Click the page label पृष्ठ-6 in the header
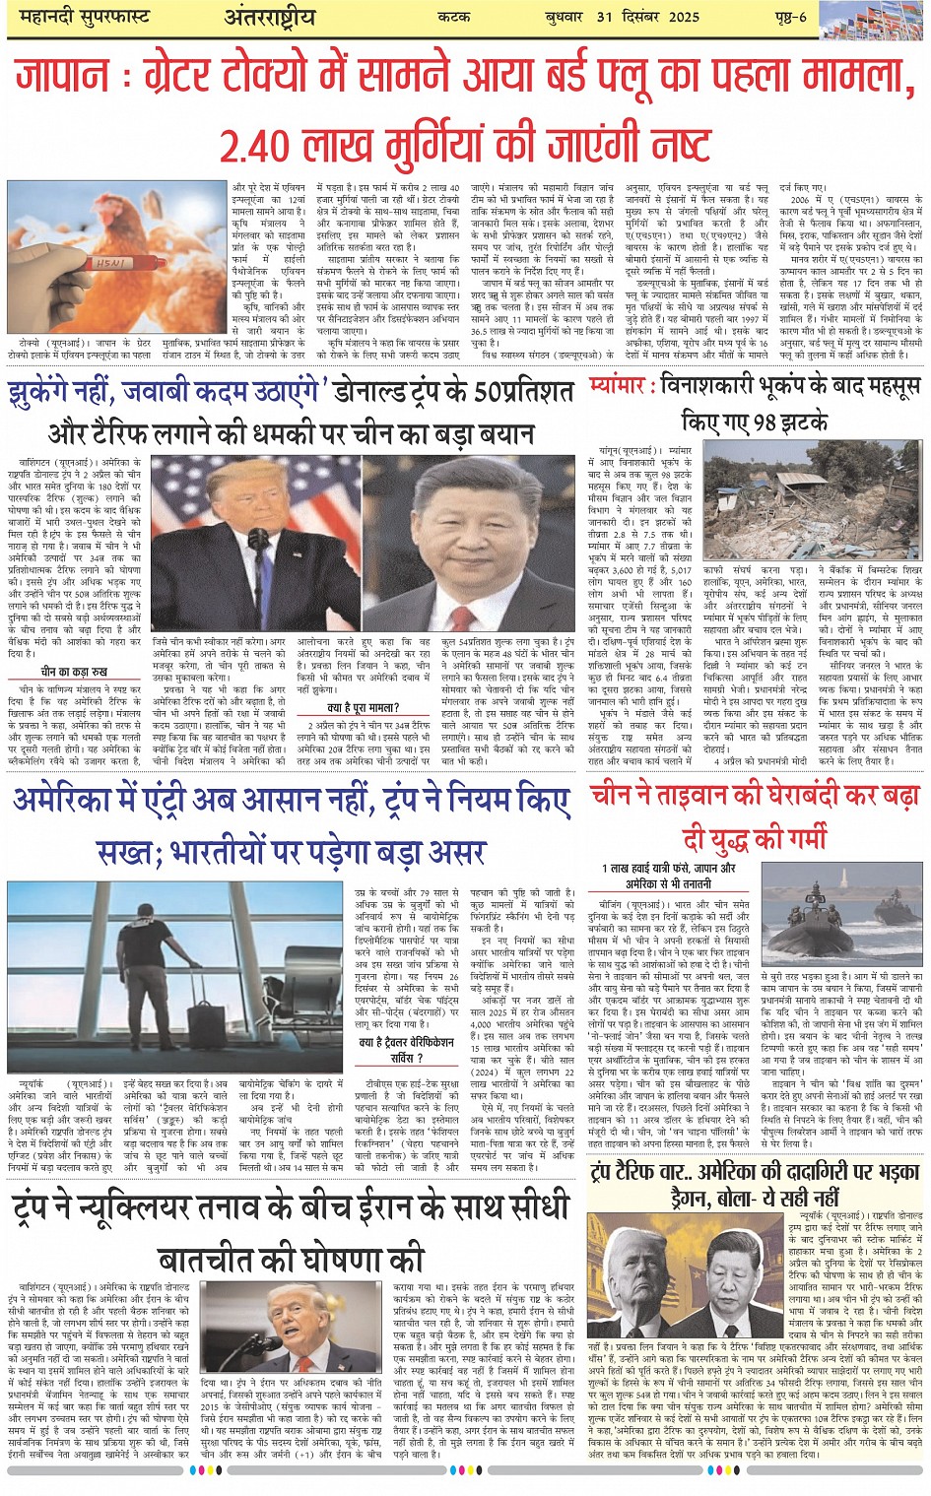click(789, 16)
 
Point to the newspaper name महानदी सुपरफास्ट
click(78, 16)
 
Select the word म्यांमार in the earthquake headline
click(618, 384)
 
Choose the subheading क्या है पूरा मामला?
click(364, 706)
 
